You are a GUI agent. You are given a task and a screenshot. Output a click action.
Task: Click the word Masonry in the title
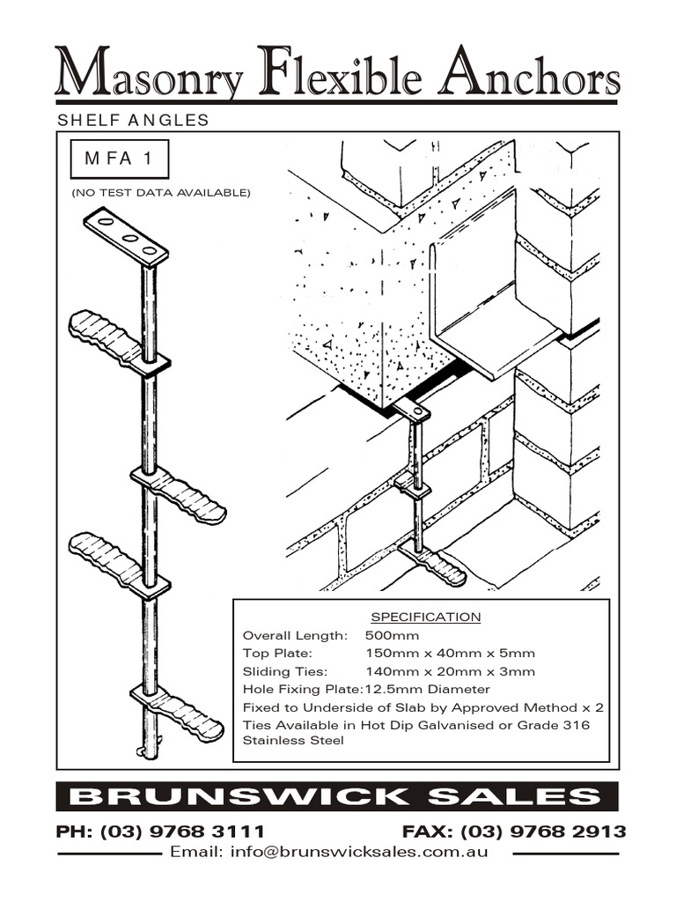(148, 73)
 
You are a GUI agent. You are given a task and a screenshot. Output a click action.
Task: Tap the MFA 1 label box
(119, 159)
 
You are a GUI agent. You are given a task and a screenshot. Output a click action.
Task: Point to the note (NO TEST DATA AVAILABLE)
(161, 192)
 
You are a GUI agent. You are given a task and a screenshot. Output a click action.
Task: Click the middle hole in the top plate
(129, 237)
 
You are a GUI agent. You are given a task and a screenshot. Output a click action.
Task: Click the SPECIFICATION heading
(425, 617)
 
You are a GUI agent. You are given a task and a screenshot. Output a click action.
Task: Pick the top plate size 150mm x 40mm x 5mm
(450, 654)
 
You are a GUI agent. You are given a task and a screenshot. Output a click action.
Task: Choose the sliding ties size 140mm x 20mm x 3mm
(450, 671)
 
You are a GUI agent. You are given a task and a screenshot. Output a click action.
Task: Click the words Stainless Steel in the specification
(293, 741)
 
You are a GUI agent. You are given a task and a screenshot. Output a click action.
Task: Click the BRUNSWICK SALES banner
(337, 797)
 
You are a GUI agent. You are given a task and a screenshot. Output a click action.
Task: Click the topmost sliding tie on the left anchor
(106, 336)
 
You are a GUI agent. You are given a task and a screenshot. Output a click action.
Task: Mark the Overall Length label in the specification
(295, 635)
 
